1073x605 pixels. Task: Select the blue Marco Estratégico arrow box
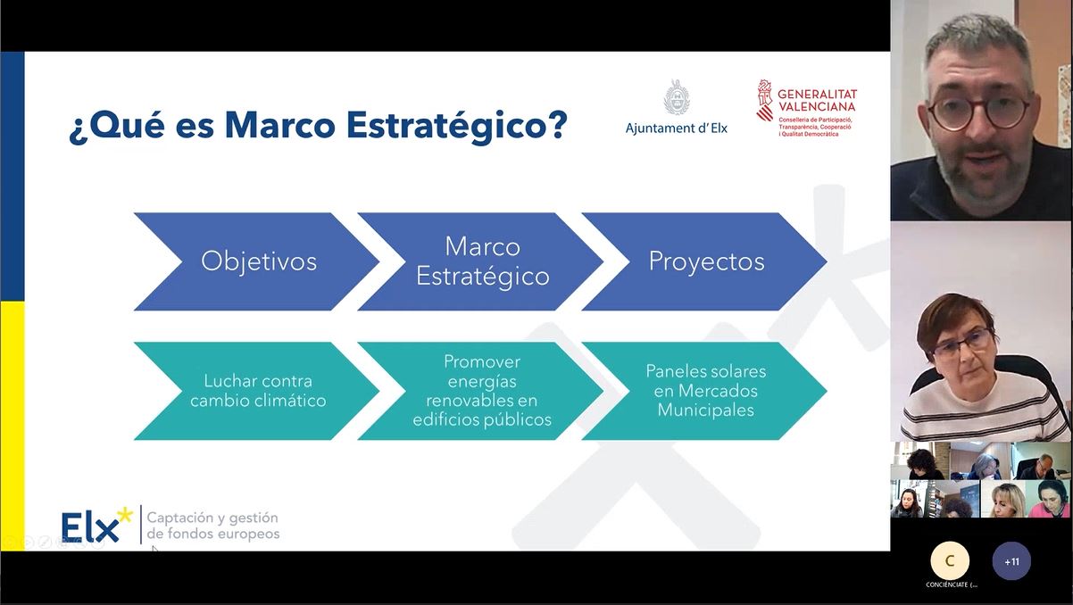(x=480, y=261)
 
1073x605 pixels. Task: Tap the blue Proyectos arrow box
(x=704, y=261)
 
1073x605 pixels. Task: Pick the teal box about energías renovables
(x=480, y=391)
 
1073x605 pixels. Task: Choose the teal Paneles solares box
(x=704, y=391)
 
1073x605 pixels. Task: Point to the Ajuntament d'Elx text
(x=677, y=128)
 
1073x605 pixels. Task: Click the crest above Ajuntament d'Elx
(x=677, y=97)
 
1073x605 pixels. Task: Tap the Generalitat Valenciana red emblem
(x=764, y=100)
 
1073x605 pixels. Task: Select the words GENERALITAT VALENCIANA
(x=817, y=100)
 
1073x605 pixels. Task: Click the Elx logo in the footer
(x=96, y=525)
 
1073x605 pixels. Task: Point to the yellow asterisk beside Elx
(x=125, y=515)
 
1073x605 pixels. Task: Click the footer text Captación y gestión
(x=212, y=518)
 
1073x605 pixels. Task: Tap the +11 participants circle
(x=1011, y=561)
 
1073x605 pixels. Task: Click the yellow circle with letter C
(x=950, y=561)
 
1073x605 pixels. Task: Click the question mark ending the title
(x=555, y=125)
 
